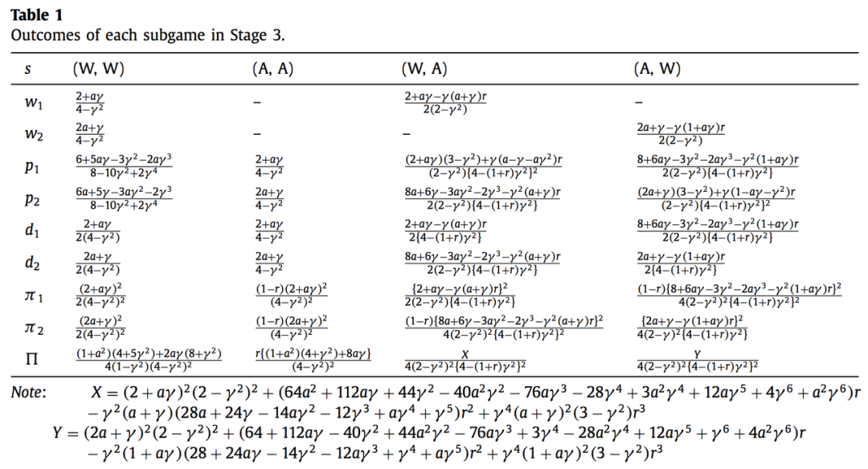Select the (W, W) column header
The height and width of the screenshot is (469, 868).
[x=99, y=69]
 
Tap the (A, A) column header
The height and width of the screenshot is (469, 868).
[x=273, y=69]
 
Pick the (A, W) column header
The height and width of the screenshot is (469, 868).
[x=657, y=69]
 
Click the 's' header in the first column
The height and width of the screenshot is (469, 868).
[x=27, y=70]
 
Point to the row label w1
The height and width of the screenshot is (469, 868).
[x=31, y=104]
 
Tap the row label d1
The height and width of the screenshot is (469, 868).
[x=30, y=230]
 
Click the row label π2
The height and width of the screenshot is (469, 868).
[x=31, y=326]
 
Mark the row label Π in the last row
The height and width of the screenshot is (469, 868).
[x=30, y=359]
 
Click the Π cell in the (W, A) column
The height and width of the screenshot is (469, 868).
[x=465, y=358]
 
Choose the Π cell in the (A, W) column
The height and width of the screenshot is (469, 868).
[x=697, y=358]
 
